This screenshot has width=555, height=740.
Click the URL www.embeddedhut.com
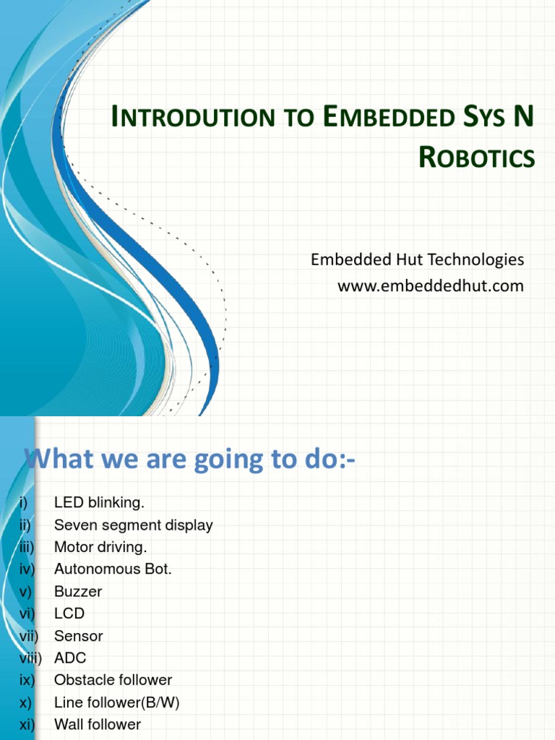(x=431, y=286)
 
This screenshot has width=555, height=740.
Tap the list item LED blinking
(x=100, y=502)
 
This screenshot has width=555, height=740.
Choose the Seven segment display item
(x=134, y=525)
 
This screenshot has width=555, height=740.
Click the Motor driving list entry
(x=100, y=547)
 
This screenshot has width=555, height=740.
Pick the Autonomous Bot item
(x=113, y=569)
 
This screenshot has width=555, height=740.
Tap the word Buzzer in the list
(x=78, y=591)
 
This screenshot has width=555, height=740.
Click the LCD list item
(x=69, y=614)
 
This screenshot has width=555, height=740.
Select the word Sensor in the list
(x=79, y=636)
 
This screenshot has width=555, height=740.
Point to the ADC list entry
(x=70, y=658)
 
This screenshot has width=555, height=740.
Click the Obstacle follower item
(x=113, y=680)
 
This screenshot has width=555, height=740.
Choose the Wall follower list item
(x=98, y=724)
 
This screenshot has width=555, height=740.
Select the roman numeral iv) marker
(x=27, y=569)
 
